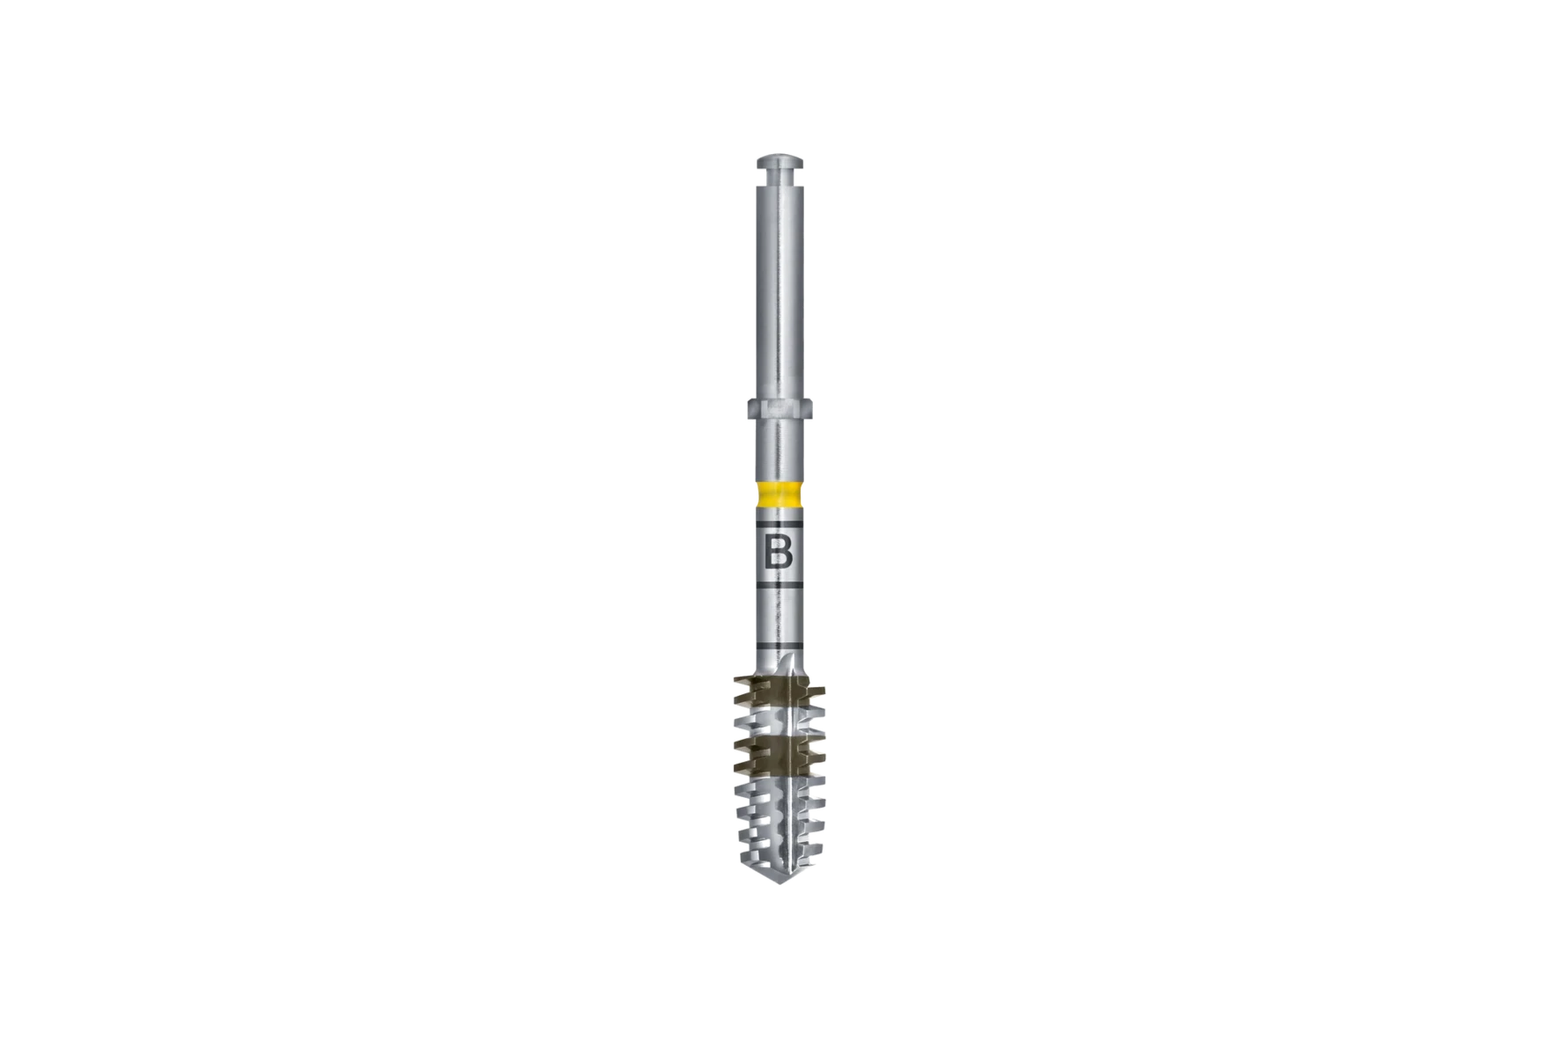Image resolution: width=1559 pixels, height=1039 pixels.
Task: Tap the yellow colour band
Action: tap(779, 495)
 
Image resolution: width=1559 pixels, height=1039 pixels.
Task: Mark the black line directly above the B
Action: tap(779, 526)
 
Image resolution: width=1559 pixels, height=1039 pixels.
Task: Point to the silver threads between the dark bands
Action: tap(779, 720)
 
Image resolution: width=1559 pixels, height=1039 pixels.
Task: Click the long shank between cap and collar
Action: tap(779, 290)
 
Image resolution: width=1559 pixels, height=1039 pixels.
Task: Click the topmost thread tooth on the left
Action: tap(737, 680)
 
